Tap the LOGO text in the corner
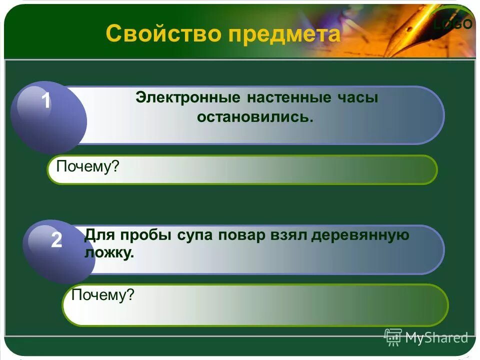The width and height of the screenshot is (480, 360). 453,24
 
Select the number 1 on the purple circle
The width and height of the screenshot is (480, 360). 45,101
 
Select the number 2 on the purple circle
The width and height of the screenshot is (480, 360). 56,240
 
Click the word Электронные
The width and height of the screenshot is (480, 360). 188,98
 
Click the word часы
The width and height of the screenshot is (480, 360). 358,98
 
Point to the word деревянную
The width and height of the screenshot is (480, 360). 360,235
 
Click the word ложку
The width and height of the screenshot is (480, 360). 109,253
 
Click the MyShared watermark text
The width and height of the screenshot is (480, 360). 436,338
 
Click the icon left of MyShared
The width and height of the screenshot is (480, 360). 393,337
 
